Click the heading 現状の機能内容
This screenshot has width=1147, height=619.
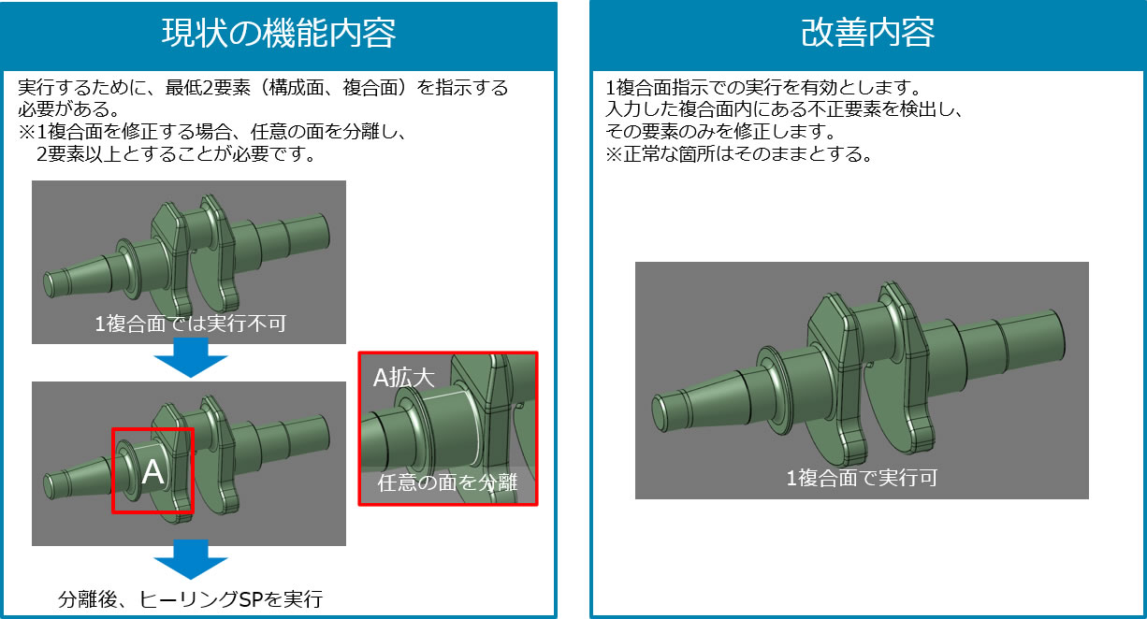[x=279, y=34]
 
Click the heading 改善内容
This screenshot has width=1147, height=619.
[x=867, y=33]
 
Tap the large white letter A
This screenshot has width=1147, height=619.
[x=152, y=471]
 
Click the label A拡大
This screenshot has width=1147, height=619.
[x=403, y=378]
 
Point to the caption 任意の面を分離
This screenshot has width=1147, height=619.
[x=447, y=482]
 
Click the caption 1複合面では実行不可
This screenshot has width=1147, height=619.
[x=190, y=324]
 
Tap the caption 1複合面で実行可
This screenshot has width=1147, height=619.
[x=862, y=478]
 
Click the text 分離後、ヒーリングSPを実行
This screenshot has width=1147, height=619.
[x=190, y=599]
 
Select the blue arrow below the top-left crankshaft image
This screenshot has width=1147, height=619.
[x=191, y=358]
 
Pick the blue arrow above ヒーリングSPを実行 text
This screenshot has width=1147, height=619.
[x=191, y=559]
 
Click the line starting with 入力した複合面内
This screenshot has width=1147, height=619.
[x=784, y=109]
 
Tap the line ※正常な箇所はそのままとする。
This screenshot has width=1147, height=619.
[x=739, y=153]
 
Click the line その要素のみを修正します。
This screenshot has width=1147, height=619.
[x=721, y=132]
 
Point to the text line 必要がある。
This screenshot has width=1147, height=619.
[x=69, y=109]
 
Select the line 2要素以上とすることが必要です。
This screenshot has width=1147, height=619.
[x=177, y=153]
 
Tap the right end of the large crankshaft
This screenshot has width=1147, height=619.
[x=1059, y=335]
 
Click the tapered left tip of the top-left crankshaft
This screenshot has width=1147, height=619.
[x=49, y=284]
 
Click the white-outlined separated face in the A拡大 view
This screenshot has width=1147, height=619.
[x=451, y=428]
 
